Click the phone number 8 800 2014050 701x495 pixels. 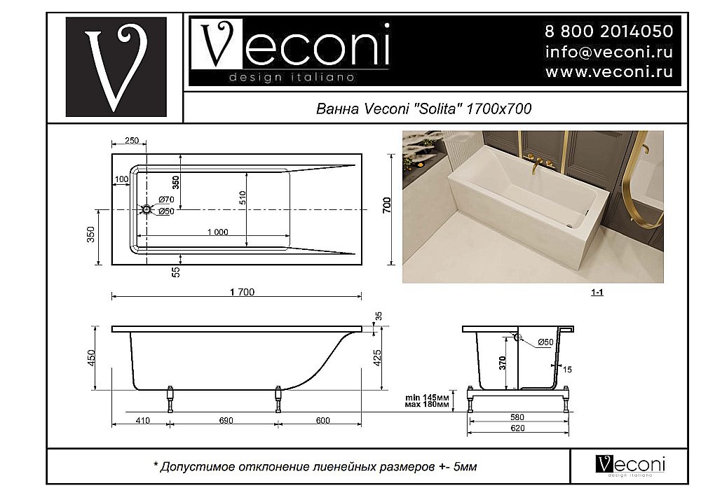coord(608,32)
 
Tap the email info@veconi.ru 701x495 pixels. coord(608,52)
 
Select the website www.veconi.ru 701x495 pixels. coord(608,71)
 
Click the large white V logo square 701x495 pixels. coord(116,67)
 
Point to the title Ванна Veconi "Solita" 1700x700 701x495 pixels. coord(424,109)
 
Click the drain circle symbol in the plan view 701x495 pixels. coord(146,209)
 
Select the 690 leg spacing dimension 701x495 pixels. coord(225,420)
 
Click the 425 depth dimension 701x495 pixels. coord(377,358)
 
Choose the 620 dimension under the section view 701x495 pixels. coord(517,428)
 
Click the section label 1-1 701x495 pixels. coord(597,293)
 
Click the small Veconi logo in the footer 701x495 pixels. coord(630,465)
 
